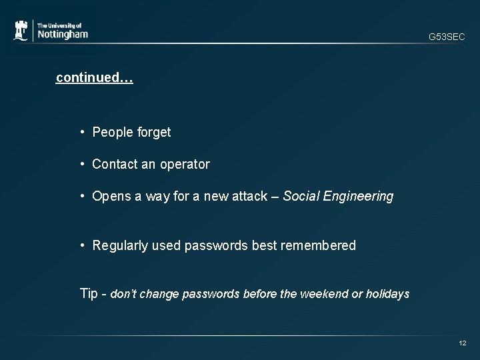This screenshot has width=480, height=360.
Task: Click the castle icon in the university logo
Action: tap(21, 31)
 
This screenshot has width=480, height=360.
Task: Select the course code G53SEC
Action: tap(447, 37)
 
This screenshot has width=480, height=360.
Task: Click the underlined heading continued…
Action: tap(95, 78)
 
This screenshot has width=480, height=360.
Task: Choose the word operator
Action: tap(185, 165)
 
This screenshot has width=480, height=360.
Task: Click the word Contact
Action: tap(114, 164)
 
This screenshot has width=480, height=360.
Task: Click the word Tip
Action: tap(89, 294)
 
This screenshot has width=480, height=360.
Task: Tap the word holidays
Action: tap(388, 294)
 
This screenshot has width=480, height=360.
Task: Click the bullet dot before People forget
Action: tap(83, 132)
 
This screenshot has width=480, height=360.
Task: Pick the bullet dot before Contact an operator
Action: tap(83, 164)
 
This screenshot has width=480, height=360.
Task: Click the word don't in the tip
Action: tap(123, 294)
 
